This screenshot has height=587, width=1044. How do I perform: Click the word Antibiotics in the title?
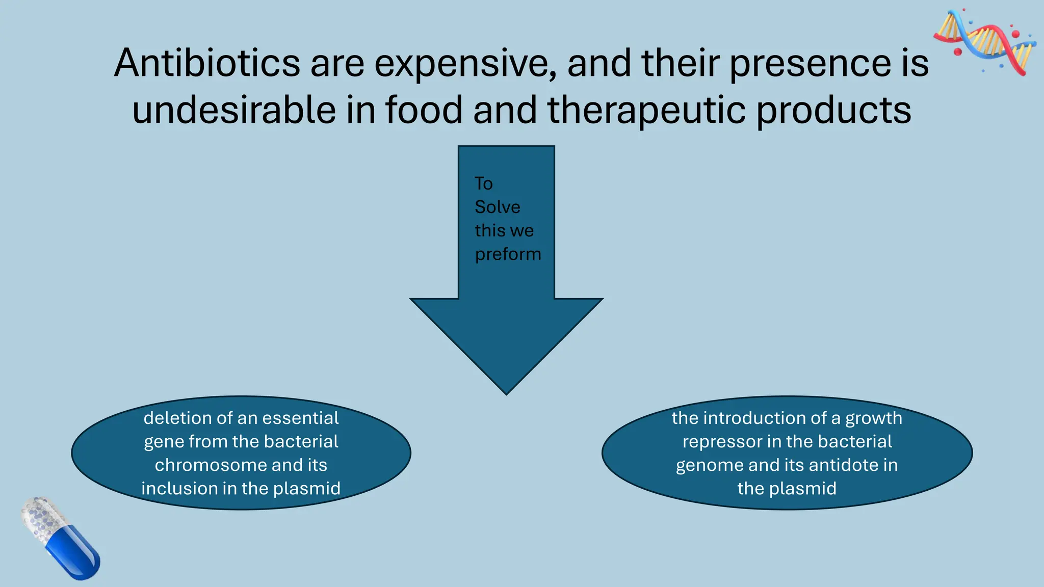pyautogui.click(x=207, y=63)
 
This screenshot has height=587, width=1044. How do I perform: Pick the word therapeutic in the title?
pyautogui.click(x=647, y=110)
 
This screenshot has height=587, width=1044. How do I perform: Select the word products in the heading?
pyautogui.click(x=833, y=110)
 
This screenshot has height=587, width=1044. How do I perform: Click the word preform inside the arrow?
pyautogui.click(x=508, y=254)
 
